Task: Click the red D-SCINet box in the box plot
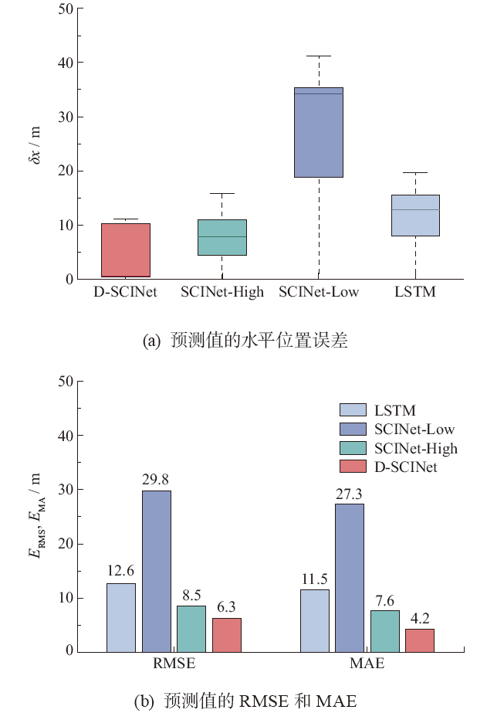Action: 126,250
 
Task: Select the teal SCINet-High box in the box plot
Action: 222,237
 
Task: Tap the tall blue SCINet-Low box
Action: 319,132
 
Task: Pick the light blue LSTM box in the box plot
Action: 415,215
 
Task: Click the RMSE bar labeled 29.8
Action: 156,570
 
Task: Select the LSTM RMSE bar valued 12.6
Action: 121,616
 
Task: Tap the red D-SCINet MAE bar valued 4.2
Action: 420,640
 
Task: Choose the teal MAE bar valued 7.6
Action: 385,630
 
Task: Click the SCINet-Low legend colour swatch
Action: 353,429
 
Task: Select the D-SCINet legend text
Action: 406,467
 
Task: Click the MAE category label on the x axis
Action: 367,664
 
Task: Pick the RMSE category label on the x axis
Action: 174,664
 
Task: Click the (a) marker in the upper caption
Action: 152,340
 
